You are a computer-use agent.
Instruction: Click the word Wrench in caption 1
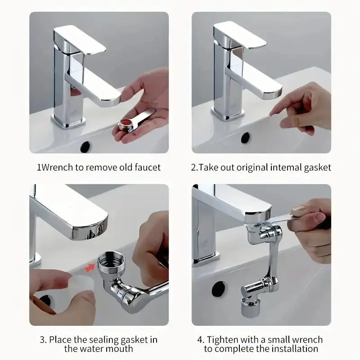57,167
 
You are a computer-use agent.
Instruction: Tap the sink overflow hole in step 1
85,146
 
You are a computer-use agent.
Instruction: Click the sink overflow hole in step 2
246,137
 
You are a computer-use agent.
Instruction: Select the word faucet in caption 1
147,167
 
